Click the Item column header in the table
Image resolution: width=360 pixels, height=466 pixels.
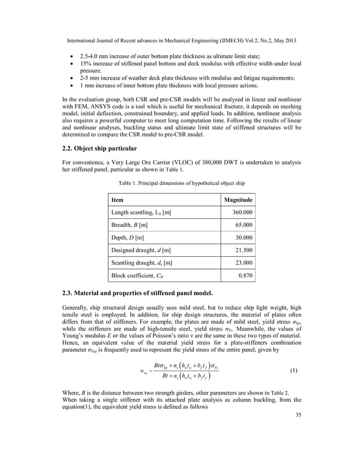click(117, 200)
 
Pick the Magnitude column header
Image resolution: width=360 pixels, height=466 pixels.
click(238, 200)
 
